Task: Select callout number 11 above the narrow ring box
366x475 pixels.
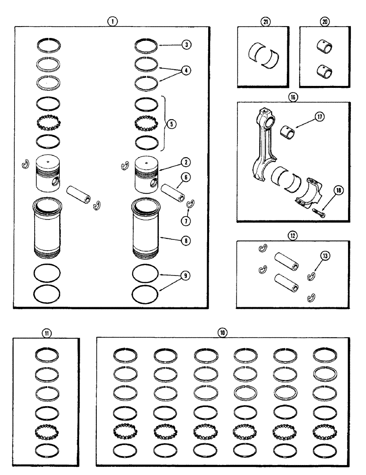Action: [46, 332]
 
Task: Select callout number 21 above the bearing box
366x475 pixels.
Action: [264, 21]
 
